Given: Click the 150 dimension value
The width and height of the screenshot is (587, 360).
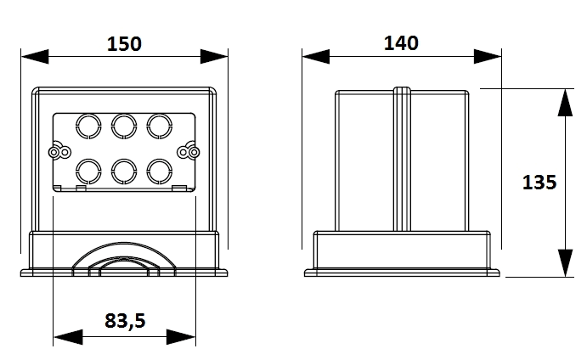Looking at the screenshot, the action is pyautogui.click(x=124, y=44).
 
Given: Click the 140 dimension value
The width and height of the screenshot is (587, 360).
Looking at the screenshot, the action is pyautogui.click(x=401, y=43).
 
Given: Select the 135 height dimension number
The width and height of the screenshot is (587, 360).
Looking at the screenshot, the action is pyautogui.click(x=539, y=183).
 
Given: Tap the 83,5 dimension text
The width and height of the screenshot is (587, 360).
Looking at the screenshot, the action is pyautogui.click(x=125, y=321).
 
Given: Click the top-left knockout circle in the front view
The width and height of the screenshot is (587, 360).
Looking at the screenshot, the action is pyautogui.click(x=88, y=114).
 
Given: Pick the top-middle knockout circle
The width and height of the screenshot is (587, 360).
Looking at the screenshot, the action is pyautogui.click(x=124, y=114).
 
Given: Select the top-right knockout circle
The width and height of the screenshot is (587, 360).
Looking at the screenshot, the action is pyautogui.click(x=160, y=114).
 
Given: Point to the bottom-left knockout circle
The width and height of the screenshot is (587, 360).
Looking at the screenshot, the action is pyautogui.click(x=88, y=160).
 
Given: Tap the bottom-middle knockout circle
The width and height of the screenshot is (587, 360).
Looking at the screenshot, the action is pyautogui.click(x=124, y=160).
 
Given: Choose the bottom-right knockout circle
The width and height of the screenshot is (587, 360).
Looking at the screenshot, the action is pyautogui.click(x=160, y=160).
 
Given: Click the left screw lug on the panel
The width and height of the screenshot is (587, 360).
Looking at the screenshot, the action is pyautogui.click(x=59, y=152).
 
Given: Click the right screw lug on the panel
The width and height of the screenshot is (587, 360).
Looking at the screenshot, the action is pyautogui.click(x=189, y=152).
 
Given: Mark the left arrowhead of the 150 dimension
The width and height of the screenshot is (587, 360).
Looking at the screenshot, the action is pyautogui.click(x=35, y=57).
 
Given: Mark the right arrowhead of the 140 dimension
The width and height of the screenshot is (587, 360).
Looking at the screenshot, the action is pyautogui.click(x=488, y=57).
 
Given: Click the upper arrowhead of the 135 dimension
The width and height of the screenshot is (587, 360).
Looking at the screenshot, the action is pyautogui.click(x=565, y=103).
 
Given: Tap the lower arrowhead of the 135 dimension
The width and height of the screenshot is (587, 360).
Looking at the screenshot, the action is pyautogui.click(x=565, y=263).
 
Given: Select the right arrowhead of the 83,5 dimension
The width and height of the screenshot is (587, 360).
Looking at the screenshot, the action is pyautogui.click(x=181, y=337).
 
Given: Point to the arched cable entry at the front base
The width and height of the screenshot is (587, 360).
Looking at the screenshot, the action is pyautogui.click(x=123, y=243).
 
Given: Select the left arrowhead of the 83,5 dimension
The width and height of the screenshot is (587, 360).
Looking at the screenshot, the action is pyautogui.click(x=68, y=337).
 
